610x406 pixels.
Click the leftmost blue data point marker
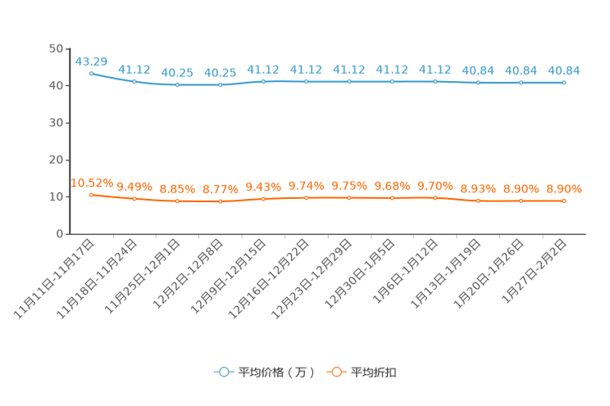pos(91,73)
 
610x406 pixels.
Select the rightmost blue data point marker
pos(564,82)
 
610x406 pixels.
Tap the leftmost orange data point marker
pos(91,194)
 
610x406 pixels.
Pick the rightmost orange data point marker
pos(564,200)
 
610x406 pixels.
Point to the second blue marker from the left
pos(134,81)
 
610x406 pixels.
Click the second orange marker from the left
pos(134,198)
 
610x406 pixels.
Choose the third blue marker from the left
pos(177,84)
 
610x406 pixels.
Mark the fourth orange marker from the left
pos(220,201)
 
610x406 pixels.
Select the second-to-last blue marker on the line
pos(521,82)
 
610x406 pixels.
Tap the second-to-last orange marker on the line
pos(521,200)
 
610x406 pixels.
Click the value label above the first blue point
pos(91,61)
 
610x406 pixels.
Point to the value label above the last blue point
pos(564,70)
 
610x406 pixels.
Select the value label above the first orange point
pos(91,183)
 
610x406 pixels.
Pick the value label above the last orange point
pos(564,188)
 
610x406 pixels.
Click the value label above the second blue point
pos(134,70)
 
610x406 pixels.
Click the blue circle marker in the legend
pos(223,372)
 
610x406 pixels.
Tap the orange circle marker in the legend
pos(336,372)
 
